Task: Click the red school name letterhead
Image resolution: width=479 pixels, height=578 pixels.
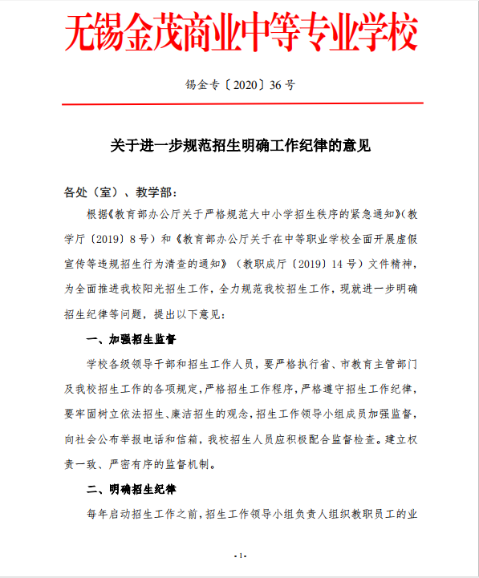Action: [239, 33]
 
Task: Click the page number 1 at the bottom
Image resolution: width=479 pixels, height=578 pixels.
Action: [239, 556]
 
